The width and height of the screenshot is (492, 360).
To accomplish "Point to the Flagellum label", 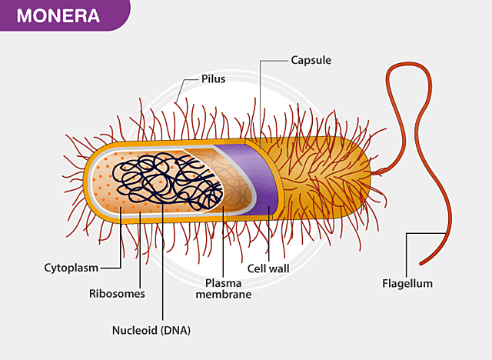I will (x=407, y=283).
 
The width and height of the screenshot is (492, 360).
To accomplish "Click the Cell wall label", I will (x=268, y=269).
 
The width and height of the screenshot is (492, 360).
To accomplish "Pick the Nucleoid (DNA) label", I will (x=151, y=331).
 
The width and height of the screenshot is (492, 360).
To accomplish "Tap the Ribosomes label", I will (x=117, y=293).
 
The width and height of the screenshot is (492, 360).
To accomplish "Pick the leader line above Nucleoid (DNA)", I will (x=163, y=262).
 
